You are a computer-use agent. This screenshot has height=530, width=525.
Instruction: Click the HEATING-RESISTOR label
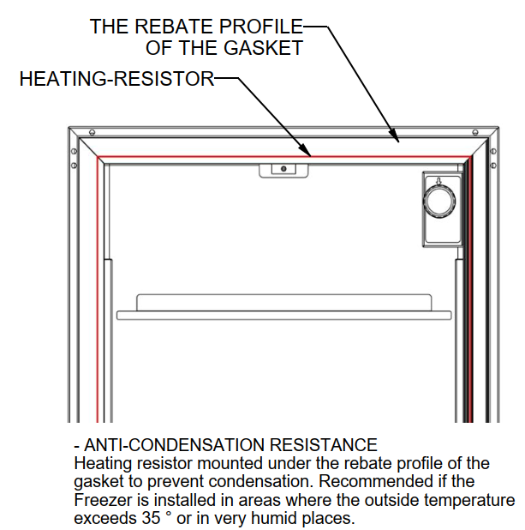(x=116, y=79)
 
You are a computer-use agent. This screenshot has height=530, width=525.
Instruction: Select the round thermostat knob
(x=439, y=201)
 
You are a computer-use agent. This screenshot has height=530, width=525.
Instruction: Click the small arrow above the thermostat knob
(x=438, y=182)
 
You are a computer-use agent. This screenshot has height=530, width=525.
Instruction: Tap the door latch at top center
(x=283, y=171)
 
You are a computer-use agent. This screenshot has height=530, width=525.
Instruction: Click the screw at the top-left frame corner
(x=92, y=132)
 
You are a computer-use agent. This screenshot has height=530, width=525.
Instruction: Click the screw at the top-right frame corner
(x=475, y=132)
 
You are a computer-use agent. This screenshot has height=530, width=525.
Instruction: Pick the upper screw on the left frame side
(x=75, y=151)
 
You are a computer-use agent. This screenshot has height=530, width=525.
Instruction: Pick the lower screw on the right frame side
(x=493, y=166)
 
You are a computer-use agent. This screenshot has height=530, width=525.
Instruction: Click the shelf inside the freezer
(x=284, y=316)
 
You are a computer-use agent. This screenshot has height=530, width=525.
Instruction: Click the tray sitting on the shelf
(x=284, y=303)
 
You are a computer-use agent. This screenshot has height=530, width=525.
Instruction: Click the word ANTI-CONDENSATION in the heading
(x=174, y=445)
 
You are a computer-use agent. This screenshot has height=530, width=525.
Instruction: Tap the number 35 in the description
(x=151, y=518)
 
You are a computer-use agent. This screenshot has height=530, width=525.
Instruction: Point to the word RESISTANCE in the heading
(x=323, y=445)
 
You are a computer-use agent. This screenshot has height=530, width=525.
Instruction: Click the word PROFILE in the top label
(x=260, y=27)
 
